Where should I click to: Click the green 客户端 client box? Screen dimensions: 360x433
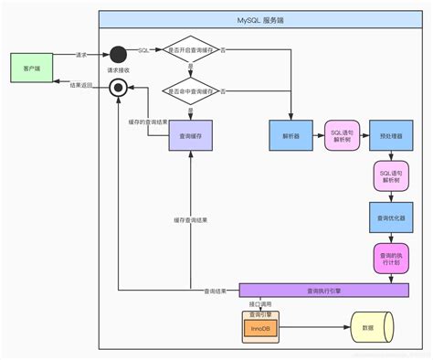pyautogui.click(x=29, y=69)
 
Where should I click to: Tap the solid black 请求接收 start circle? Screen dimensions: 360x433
pyautogui.click(x=118, y=54)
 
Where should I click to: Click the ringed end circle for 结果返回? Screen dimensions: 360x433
pyautogui.click(x=118, y=87)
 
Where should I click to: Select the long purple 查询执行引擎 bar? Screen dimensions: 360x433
pyautogui.click(x=323, y=291)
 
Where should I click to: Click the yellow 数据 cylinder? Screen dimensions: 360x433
pyautogui.click(x=372, y=326)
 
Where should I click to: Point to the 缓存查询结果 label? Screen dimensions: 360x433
pyautogui.click(x=191, y=219)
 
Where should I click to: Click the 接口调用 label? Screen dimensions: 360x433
pyautogui.click(x=262, y=303)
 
